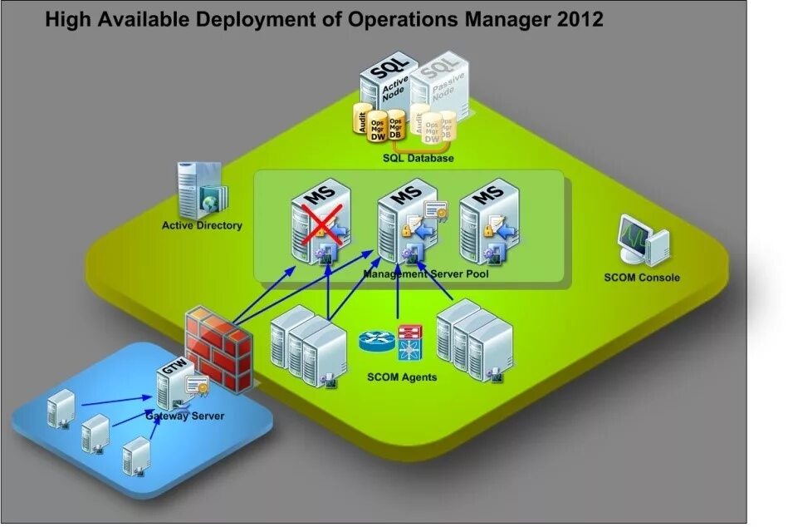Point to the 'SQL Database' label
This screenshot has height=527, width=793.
pos(418,158)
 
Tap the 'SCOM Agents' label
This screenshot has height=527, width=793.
pos(401,377)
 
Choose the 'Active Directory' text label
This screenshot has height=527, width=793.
pos(202,225)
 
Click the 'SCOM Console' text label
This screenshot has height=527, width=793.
pos(641,278)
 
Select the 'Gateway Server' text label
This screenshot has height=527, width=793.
pos(185,416)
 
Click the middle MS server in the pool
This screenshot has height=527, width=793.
pos(403,220)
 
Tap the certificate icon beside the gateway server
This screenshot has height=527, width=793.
pos(198,385)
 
